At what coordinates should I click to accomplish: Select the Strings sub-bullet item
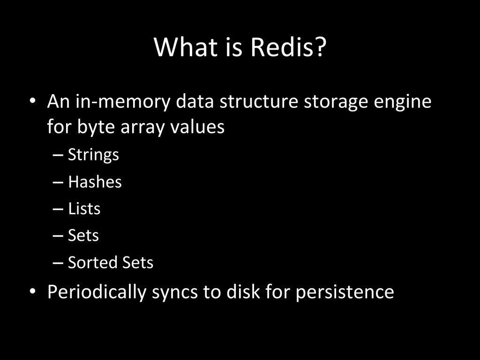click(x=93, y=155)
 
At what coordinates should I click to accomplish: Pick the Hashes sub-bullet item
click(x=95, y=182)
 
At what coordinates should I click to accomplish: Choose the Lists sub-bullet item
click(x=84, y=209)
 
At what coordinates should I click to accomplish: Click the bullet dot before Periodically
click(x=32, y=292)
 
